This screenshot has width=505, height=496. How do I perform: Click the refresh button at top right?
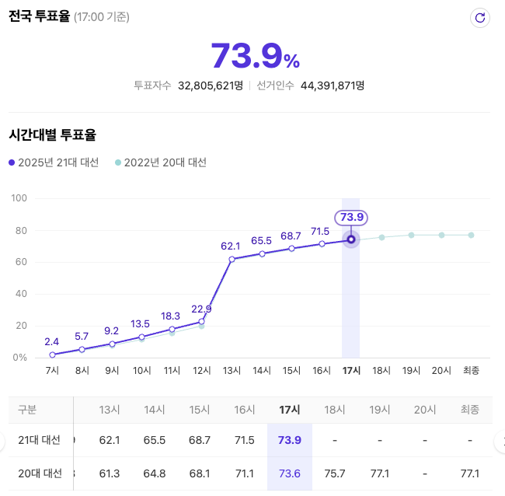point(479,18)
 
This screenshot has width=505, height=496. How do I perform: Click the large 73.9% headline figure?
point(255,56)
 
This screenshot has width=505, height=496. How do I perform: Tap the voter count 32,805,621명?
point(211,86)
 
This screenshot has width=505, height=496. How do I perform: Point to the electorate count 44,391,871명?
point(332,86)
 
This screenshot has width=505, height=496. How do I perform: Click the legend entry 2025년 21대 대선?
point(54,162)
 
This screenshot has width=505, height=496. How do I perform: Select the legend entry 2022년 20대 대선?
point(160,162)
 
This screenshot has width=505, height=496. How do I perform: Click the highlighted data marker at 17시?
point(351,239)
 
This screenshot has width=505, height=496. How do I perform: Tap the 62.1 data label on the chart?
point(231,246)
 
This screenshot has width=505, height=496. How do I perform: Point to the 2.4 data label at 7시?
point(52,341)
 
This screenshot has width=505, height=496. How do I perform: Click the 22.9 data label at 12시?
point(201,308)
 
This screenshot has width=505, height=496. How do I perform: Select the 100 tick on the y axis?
point(19,198)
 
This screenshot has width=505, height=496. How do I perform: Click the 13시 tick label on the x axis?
point(231,371)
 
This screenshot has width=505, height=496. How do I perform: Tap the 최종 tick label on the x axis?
point(471,371)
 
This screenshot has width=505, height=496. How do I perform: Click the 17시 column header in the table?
point(290,410)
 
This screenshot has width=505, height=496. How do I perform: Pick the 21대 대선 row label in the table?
point(40,440)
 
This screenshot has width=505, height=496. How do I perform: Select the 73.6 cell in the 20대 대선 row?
point(290,473)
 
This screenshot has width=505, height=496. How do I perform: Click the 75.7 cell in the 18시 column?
point(334,473)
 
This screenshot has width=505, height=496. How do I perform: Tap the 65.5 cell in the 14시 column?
point(155,440)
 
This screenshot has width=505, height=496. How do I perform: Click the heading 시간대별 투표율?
point(52,134)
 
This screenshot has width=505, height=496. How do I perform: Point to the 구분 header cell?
point(26,410)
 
